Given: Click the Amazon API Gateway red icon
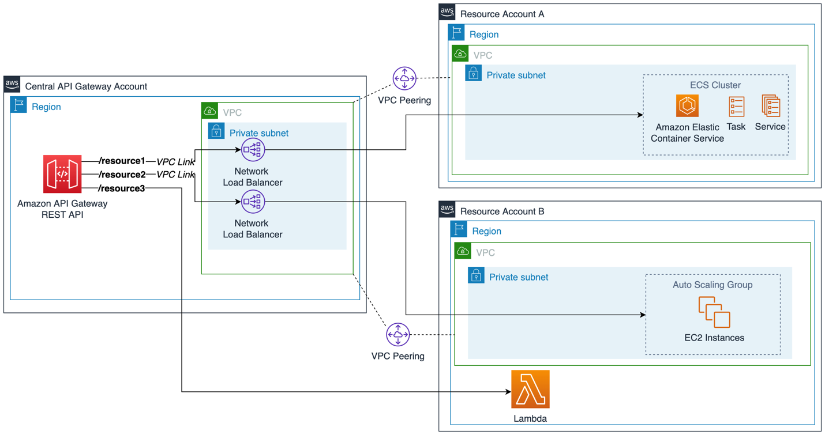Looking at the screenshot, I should pos(62,173).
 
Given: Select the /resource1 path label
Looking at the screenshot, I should pos(122,161).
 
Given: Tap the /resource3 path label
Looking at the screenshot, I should pos(122,188).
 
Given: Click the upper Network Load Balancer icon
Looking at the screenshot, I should pos(253,150).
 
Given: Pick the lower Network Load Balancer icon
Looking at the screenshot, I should pos(253,202).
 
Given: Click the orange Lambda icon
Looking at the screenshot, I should pos(530,389).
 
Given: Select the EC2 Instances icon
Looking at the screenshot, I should pos(714,312).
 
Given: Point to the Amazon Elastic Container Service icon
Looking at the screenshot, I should pos(687,106).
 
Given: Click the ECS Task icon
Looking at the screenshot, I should pos(736,107).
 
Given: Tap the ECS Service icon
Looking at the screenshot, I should pos(770,107).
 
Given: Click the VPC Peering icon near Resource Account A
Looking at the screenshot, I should pos(404,78).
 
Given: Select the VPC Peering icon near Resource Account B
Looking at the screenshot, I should pos(398,335).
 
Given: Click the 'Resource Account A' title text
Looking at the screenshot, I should pos(502,14).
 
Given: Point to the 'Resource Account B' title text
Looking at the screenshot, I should pos(502,211).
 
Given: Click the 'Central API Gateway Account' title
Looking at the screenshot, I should pos(86,86).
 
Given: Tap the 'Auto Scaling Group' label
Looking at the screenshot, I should pos(712,285).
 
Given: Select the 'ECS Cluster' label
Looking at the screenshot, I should pos(715,85).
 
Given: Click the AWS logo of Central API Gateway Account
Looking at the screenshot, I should pos(12,85).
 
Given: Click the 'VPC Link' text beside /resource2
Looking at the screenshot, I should pos(175,175).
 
